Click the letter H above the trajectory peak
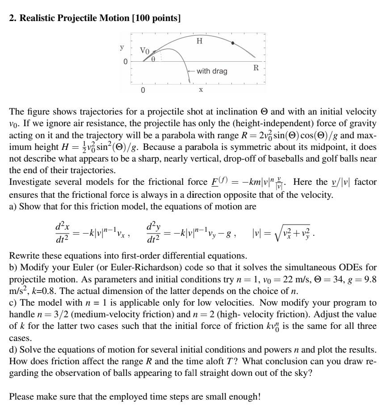[x=199, y=41]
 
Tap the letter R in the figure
[x=256, y=68]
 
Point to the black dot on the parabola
[x=232, y=43]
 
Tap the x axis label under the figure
[x=201, y=89]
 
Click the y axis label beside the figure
[x=122, y=47]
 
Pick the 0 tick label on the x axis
[x=143, y=90]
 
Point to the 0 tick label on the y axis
[x=126, y=61]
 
